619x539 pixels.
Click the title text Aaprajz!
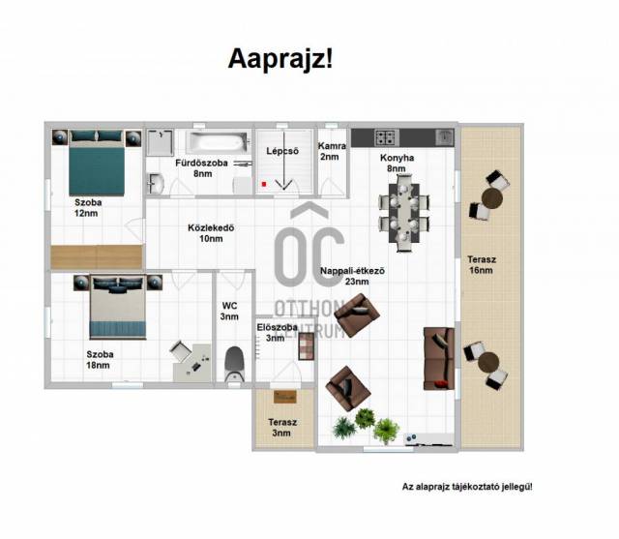(x=280, y=59)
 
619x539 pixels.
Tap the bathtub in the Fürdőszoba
(x=218, y=142)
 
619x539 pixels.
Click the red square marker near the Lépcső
(x=264, y=184)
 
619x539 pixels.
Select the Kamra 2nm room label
(x=332, y=151)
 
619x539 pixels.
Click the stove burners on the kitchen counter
(x=387, y=137)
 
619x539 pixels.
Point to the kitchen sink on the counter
(x=445, y=137)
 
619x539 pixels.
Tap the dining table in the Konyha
(x=404, y=213)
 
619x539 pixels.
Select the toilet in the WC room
(x=234, y=364)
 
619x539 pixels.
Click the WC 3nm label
(x=229, y=312)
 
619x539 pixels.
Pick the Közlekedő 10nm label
(x=211, y=233)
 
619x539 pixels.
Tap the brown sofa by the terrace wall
(x=438, y=359)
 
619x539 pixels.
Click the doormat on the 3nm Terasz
(x=285, y=397)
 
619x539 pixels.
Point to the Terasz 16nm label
(x=482, y=265)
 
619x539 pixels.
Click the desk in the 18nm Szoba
(x=192, y=363)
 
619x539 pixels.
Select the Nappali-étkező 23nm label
(x=352, y=276)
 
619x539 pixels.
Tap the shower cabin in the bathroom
(x=160, y=142)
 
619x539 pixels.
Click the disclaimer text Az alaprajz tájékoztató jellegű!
(x=467, y=487)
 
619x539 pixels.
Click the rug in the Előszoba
(x=307, y=346)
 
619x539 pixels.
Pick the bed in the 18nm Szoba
(x=118, y=307)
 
